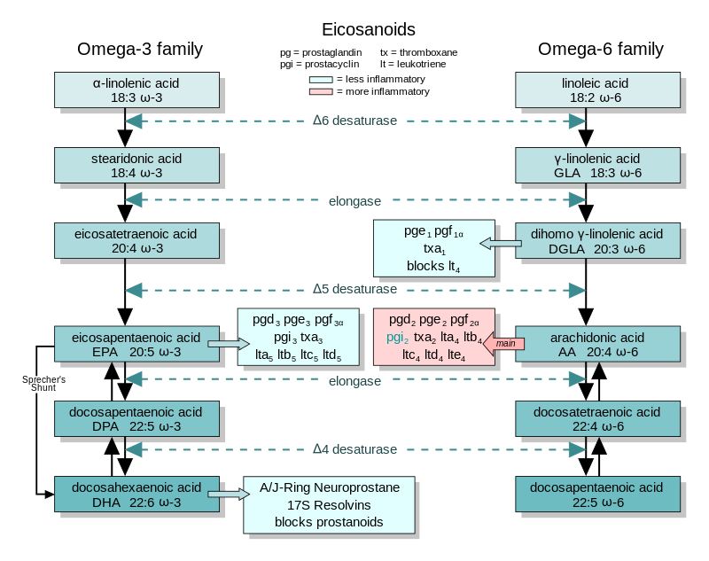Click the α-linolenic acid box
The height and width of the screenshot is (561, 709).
click(x=136, y=90)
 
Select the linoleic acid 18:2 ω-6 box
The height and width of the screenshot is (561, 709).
click(x=597, y=90)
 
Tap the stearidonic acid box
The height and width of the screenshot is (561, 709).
click(x=136, y=166)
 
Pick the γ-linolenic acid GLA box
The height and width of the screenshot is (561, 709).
click(x=597, y=166)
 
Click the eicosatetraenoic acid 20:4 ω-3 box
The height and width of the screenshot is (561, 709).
click(x=136, y=241)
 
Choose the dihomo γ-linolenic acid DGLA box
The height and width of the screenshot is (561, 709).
click(x=597, y=241)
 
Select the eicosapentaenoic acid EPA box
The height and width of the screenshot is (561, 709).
click(x=136, y=344)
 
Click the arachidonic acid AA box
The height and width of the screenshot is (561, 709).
click(x=597, y=344)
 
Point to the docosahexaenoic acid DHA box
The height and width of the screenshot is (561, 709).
click(x=136, y=495)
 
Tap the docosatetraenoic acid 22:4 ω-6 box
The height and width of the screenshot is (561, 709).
click(x=597, y=419)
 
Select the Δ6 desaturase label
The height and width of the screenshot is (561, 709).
click(x=354, y=120)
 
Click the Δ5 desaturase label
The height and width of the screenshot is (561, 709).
click(x=354, y=289)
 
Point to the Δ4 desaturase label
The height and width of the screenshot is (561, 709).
click(x=354, y=449)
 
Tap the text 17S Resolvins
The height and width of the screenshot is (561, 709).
click(x=329, y=505)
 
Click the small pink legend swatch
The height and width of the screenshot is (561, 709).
click(x=320, y=91)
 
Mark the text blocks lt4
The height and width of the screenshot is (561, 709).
click(x=433, y=266)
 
